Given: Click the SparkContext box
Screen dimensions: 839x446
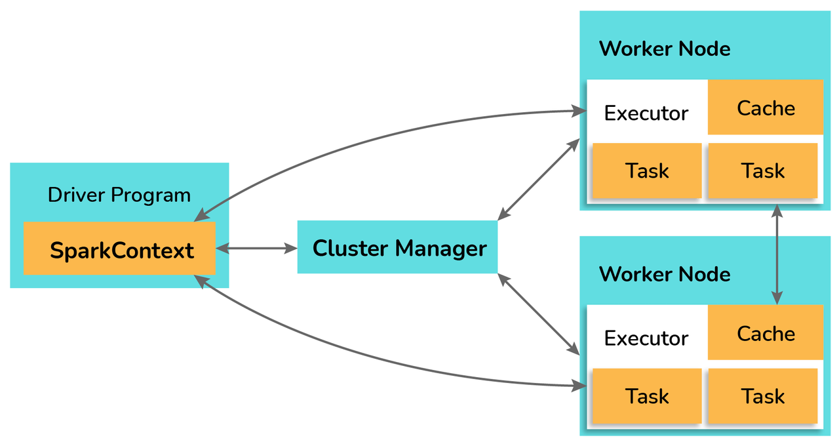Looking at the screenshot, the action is [119, 249].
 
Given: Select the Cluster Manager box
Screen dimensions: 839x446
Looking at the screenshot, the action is [397, 247].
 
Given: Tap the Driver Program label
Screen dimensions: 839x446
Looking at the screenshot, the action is [119, 195].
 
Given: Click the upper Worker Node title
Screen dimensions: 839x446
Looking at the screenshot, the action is [665, 49].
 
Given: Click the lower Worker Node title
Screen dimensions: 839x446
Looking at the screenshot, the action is [665, 274].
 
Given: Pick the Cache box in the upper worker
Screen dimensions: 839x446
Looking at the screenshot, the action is [766, 107].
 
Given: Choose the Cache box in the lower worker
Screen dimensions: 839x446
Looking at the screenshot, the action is [766, 333].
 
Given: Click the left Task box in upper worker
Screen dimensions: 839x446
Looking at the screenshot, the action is [647, 171].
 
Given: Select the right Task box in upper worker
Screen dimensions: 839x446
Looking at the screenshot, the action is [763, 171].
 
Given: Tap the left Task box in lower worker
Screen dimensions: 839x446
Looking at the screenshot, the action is [647, 395].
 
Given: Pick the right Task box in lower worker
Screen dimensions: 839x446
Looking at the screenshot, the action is [763, 395].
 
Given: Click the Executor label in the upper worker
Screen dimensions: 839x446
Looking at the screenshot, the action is [646, 113].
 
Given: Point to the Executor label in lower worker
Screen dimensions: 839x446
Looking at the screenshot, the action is [646, 338].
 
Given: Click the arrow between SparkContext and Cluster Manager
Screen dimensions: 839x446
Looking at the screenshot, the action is [256, 248].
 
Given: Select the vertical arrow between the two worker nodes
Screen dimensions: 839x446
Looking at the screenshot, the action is [777, 254].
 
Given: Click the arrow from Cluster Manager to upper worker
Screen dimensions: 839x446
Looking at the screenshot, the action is [539, 179].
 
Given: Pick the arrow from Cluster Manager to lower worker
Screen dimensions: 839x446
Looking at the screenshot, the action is [539, 314].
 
